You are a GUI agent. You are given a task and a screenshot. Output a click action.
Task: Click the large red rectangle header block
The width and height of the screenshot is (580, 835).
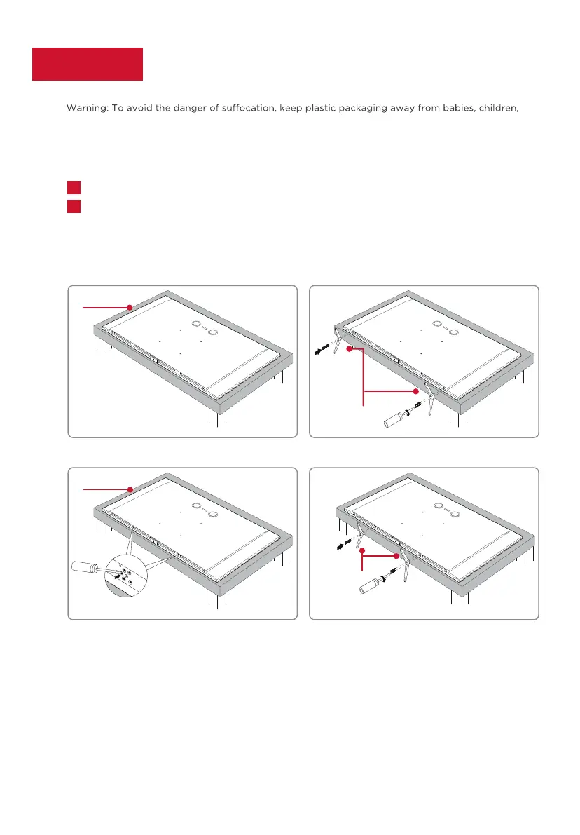tap(88, 64)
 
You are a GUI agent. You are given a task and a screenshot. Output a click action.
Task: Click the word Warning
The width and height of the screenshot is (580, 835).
tap(87, 108)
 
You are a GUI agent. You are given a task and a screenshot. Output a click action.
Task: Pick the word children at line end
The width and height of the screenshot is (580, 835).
tap(499, 108)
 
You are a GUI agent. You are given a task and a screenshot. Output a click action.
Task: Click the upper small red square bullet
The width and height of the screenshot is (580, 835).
tap(74, 187)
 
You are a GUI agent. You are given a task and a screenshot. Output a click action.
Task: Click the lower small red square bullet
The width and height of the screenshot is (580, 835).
tap(74, 207)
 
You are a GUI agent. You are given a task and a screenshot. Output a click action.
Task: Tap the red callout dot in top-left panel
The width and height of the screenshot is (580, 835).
tap(130, 307)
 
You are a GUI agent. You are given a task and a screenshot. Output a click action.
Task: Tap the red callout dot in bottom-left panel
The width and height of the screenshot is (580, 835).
tap(130, 489)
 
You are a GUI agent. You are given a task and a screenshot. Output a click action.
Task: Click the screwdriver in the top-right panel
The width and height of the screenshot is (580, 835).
tap(400, 416)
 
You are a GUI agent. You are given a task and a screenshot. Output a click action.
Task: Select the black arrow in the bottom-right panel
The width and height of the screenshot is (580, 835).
tap(343, 544)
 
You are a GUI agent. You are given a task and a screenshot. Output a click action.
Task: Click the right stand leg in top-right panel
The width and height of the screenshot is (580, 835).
tap(429, 400)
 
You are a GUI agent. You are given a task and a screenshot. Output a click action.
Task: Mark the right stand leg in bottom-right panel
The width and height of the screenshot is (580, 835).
tap(405, 564)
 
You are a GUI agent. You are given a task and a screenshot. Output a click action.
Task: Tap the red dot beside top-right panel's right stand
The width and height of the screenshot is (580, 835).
tap(416, 391)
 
